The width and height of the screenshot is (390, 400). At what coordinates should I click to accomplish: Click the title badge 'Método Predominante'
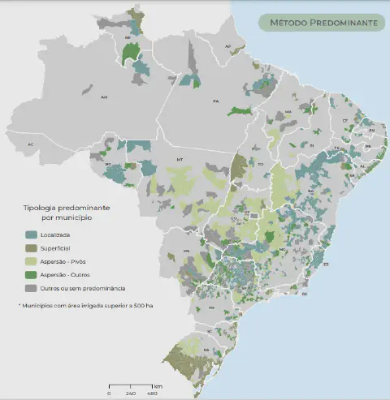[323, 23]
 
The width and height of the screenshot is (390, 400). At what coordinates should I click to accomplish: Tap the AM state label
[104, 97]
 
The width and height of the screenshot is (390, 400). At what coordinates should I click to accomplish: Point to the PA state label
[216, 101]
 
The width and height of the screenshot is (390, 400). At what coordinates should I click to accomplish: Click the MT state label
[180, 160]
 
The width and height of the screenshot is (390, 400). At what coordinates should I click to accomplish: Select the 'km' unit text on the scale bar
[158, 385]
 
